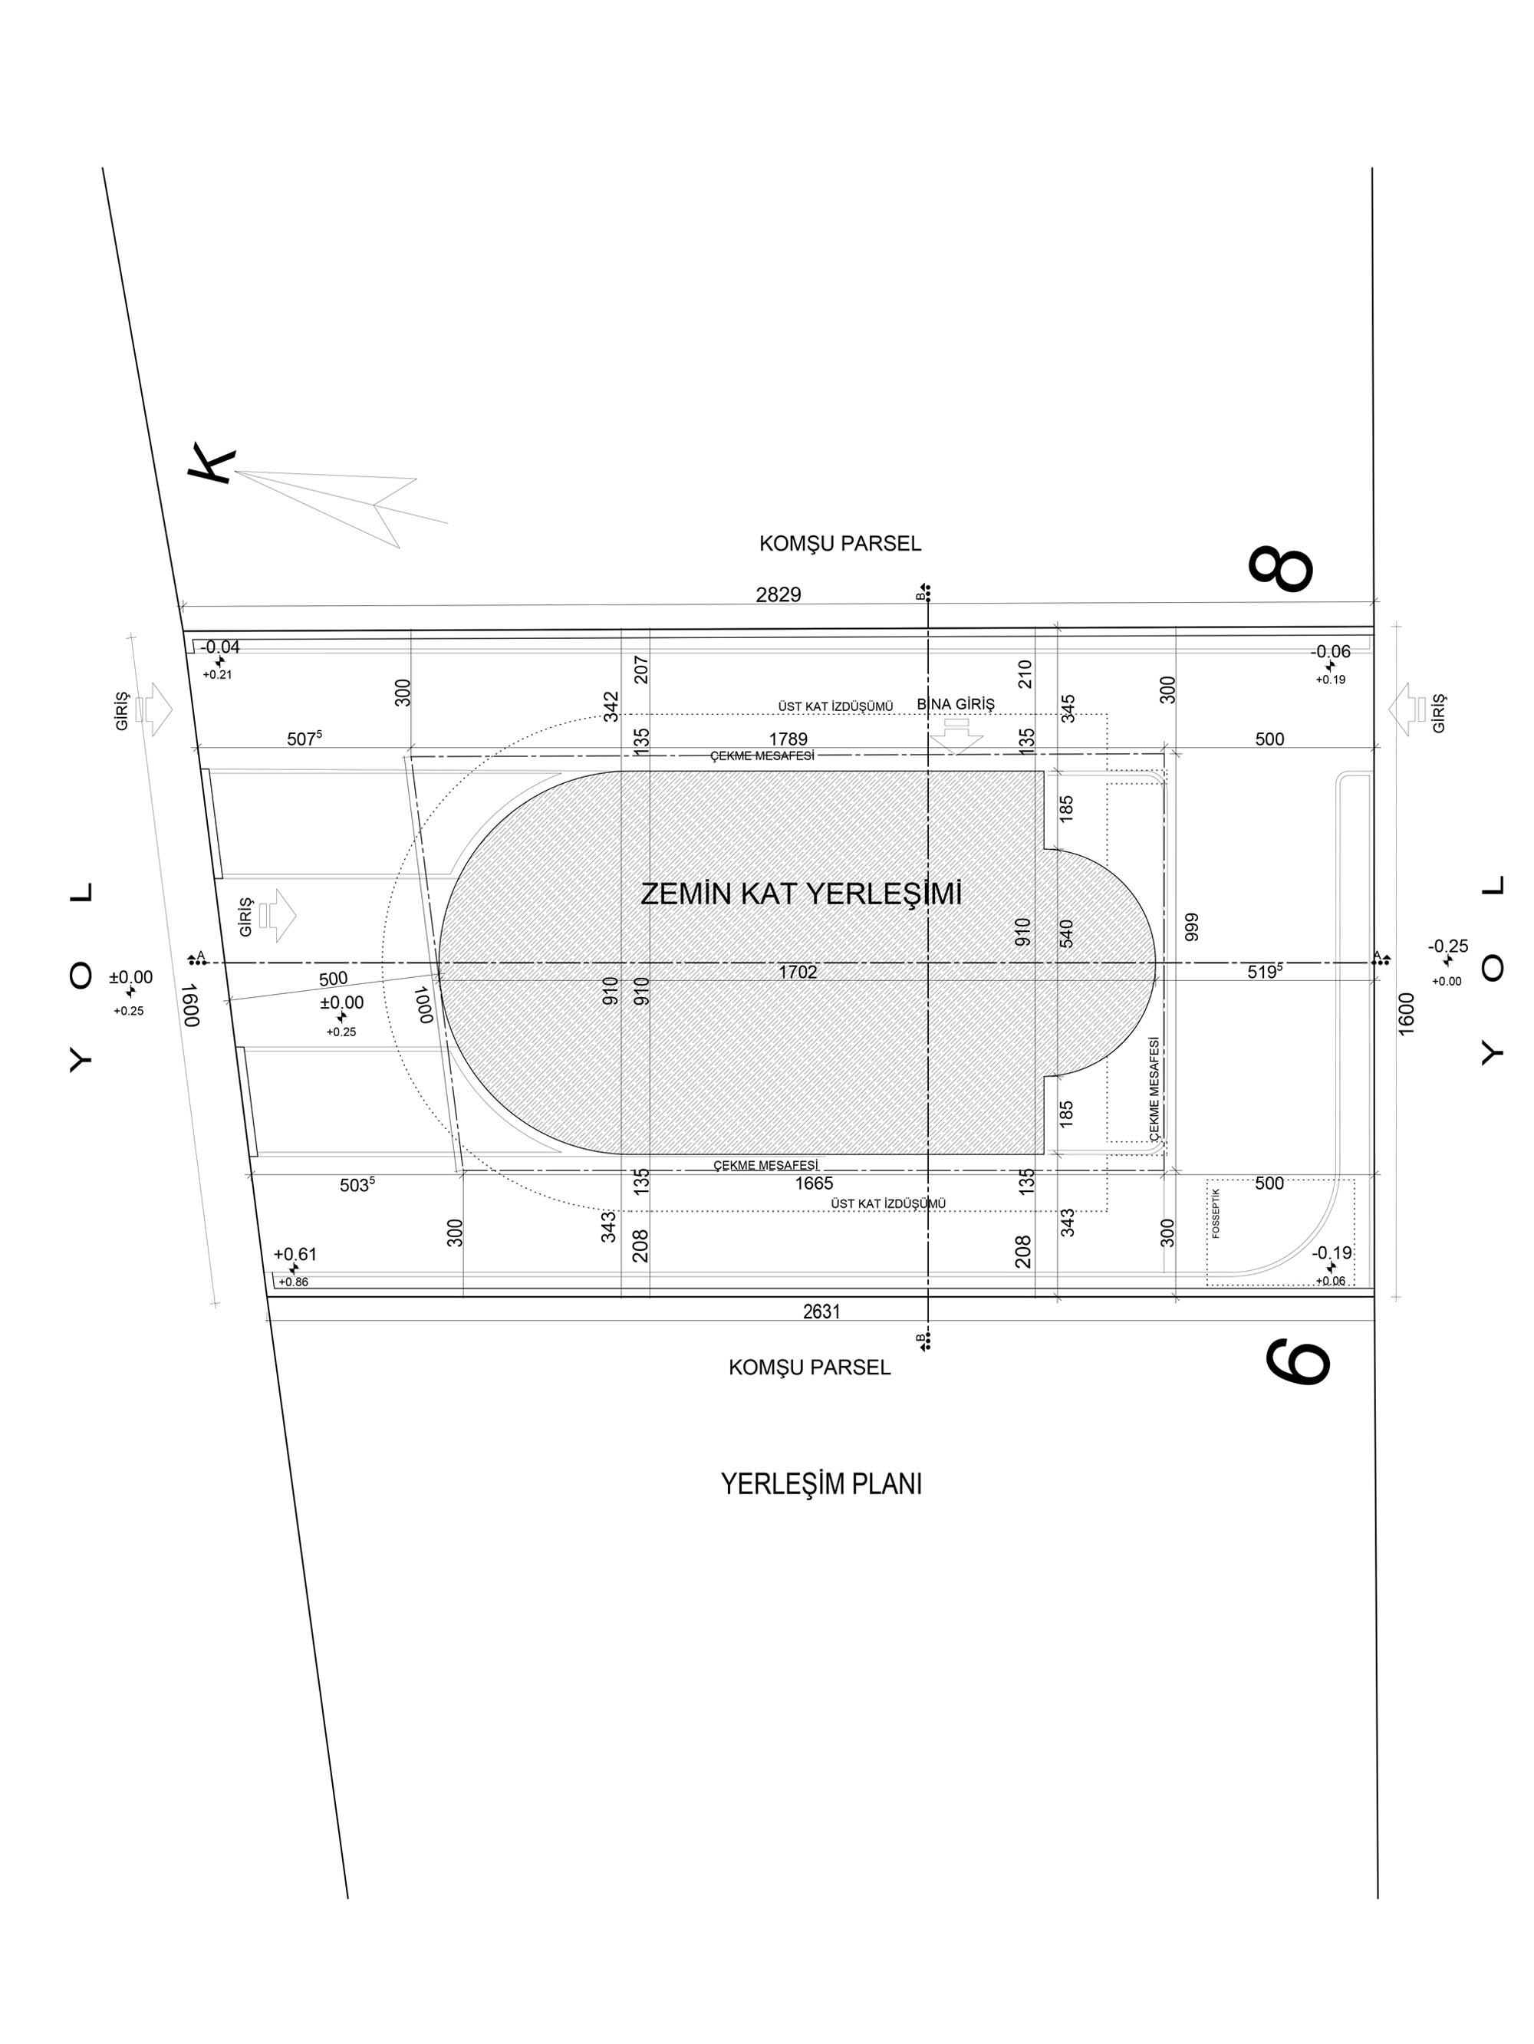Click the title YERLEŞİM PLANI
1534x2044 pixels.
(821, 1484)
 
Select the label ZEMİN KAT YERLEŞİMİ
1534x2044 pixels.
(802, 894)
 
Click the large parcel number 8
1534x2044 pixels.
(1280, 569)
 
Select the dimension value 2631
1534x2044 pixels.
(821, 1310)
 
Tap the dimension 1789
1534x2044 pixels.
(788, 739)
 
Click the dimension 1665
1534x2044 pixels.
(813, 1183)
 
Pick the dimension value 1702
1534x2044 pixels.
(797, 972)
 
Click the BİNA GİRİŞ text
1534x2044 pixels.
(956, 704)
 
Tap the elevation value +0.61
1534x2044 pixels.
(295, 1254)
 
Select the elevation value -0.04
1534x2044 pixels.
(220, 647)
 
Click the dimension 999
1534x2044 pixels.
(1191, 927)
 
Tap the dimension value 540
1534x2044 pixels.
(1066, 933)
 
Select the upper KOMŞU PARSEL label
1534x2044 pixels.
(840, 543)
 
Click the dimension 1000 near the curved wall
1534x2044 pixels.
(424, 1005)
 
